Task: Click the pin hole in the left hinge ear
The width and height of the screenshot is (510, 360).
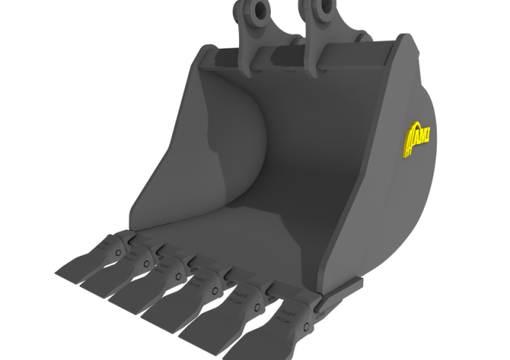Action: [261, 9]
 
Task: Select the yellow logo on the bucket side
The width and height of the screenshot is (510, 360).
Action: [418, 139]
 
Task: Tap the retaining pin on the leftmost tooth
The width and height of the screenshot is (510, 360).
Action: [119, 252]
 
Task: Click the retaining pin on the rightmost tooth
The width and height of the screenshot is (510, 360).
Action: [306, 327]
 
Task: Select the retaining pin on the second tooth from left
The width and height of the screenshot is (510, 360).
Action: [147, 264]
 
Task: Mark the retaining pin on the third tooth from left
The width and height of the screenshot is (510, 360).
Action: [178, 276]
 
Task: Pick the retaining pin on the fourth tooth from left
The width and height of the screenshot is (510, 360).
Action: [215, 291]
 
